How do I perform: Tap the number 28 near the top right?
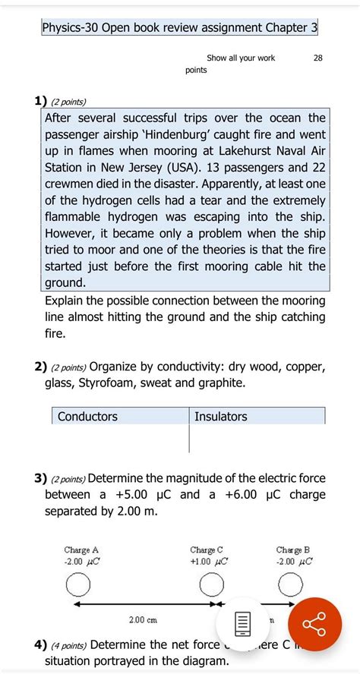[317, 58]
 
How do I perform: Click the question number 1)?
[39, 101]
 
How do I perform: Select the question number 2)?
[39, 367]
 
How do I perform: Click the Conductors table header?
[87, 417]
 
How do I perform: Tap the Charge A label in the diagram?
[81, 550]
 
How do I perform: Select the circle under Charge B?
[292, 585]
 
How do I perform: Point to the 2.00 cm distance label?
[143, 620]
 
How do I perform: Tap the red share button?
[312, 623]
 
